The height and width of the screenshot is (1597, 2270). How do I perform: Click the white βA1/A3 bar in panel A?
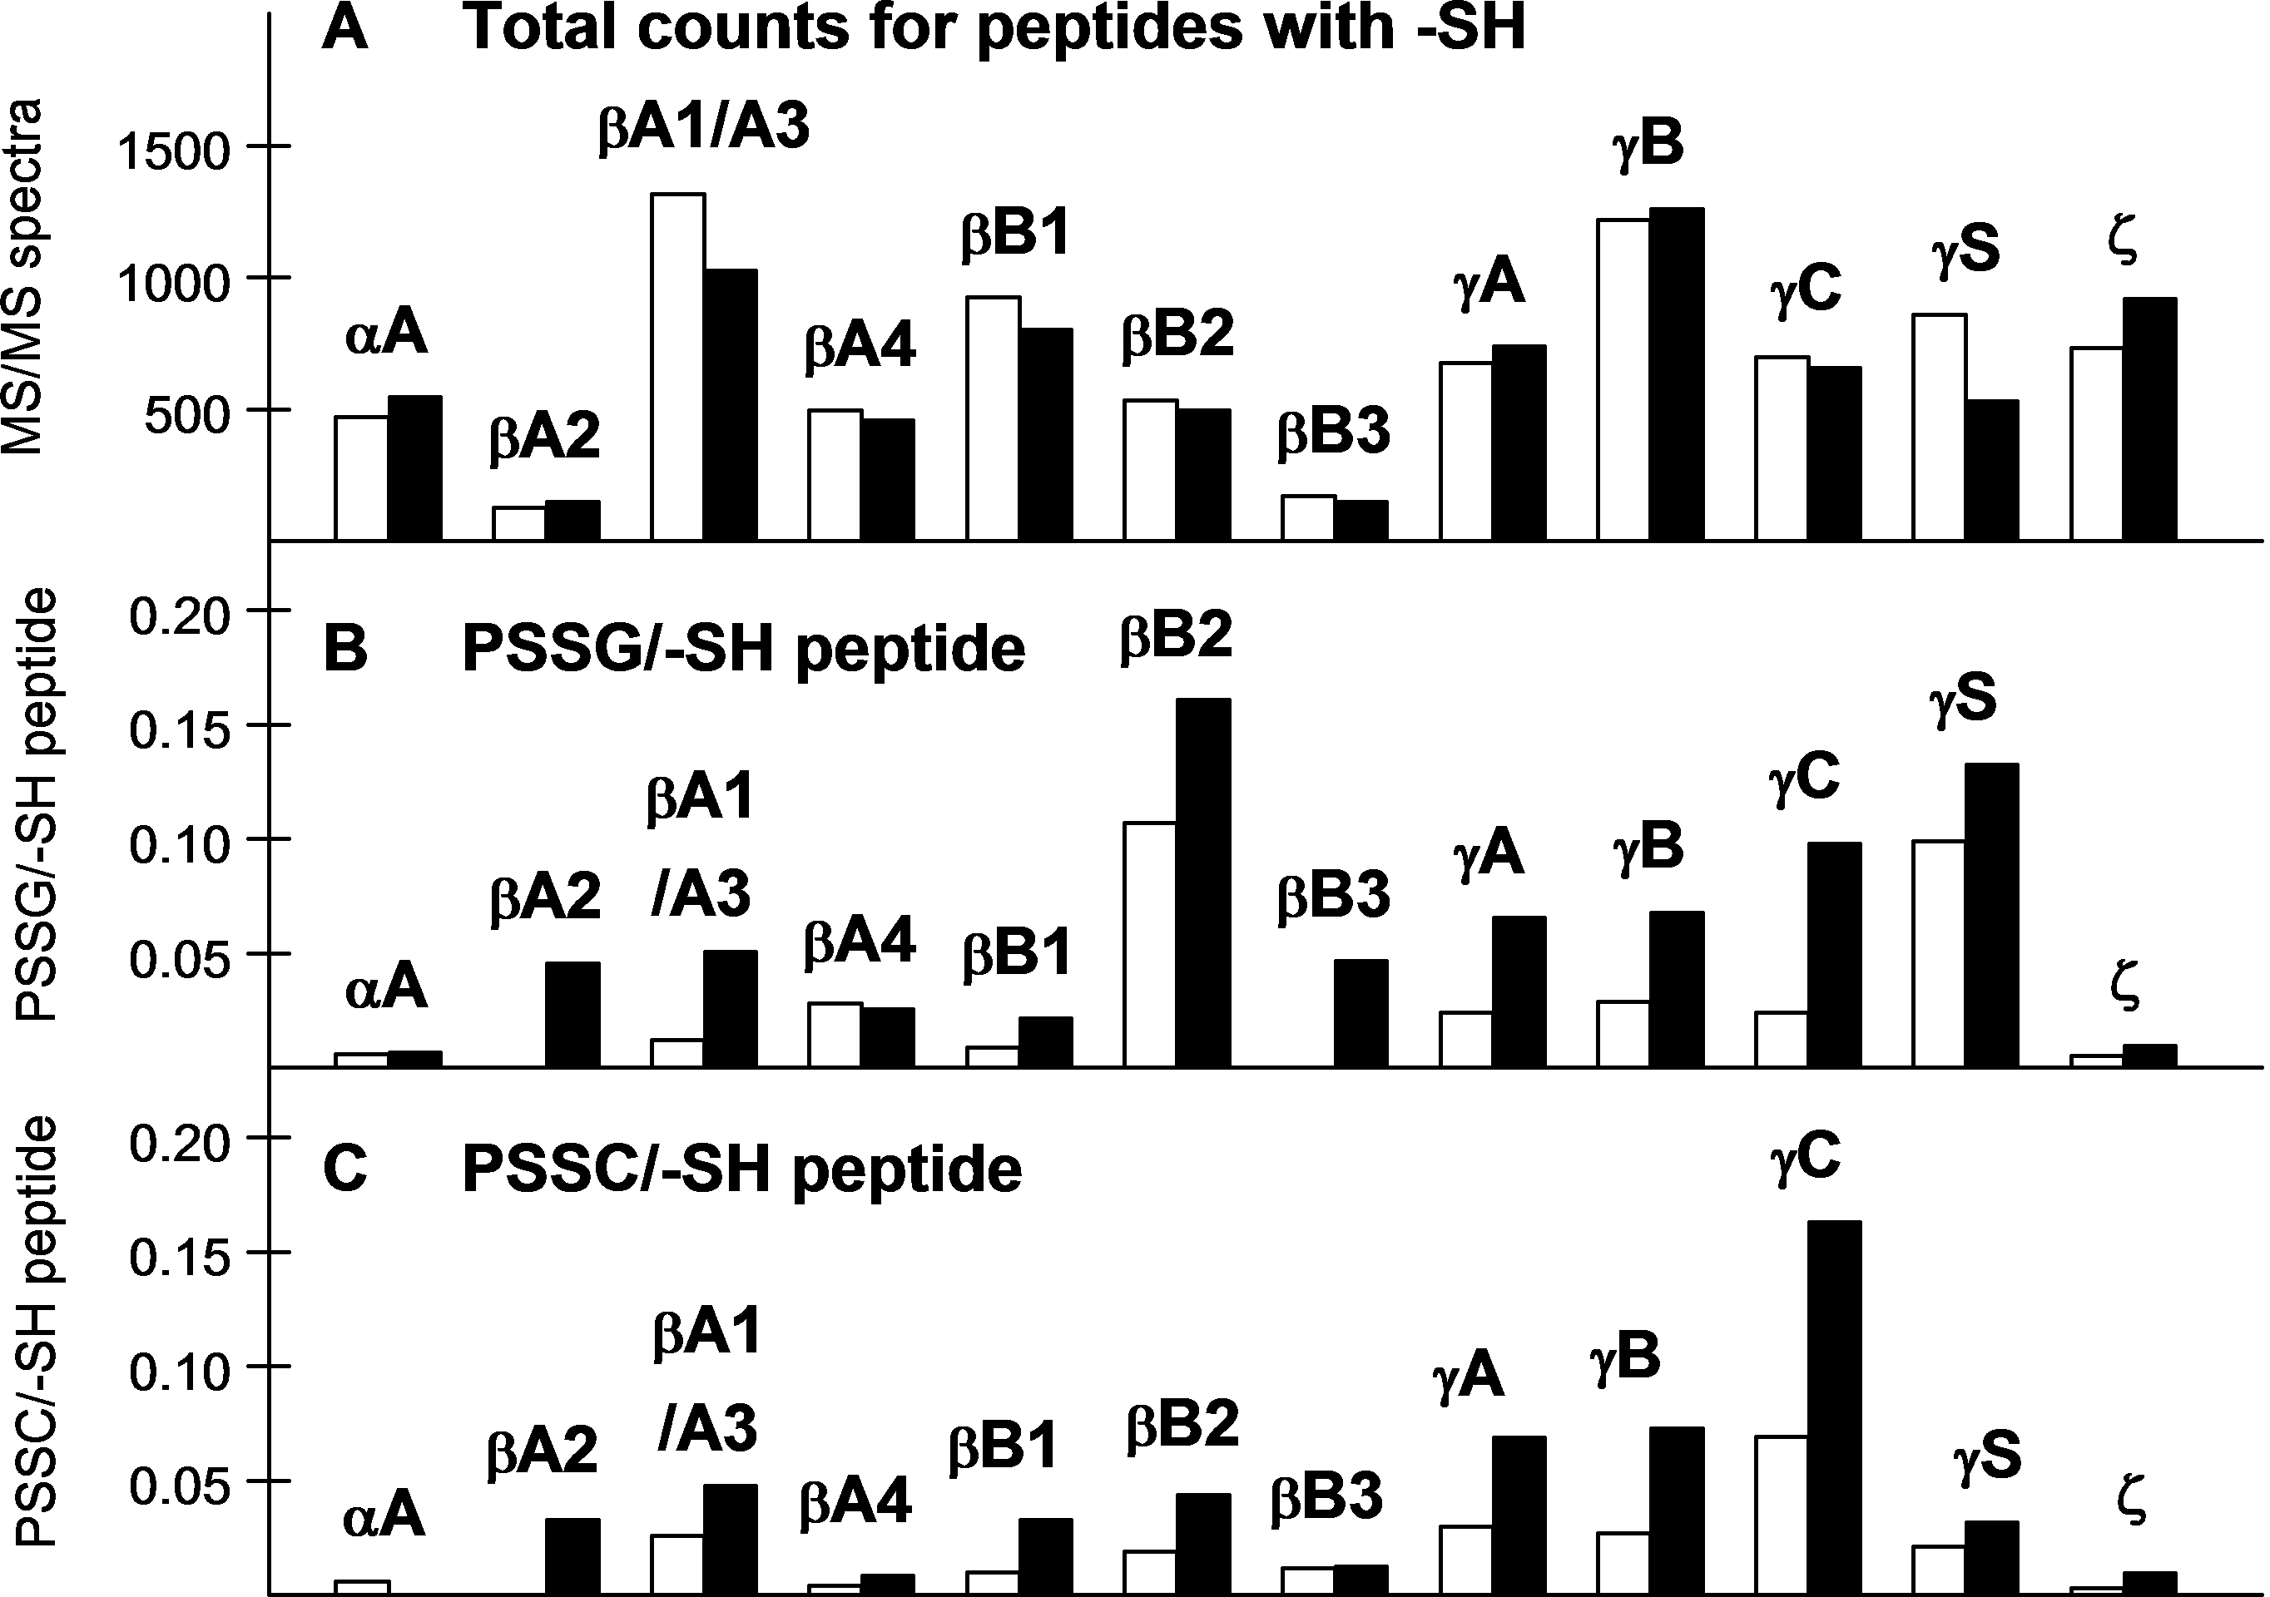tap(677, 368)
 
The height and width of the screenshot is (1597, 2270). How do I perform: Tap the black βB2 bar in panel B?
tap(1203, 883)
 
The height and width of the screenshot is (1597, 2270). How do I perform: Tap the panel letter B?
tap(345, 650)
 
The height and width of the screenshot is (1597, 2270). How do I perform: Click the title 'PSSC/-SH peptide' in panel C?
tap(741, 1169)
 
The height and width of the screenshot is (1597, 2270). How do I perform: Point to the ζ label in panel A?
tap(2123, 243)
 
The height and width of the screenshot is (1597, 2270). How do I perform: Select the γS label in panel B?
tap(1964, 698)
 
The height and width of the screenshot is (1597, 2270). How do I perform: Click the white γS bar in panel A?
tap(1939, 428)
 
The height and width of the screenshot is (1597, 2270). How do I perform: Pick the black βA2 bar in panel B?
tap(572, 1014)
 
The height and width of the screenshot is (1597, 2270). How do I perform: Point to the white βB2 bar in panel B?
tap(1150, 944)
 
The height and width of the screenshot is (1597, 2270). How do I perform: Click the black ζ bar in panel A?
tap(2149, 419)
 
